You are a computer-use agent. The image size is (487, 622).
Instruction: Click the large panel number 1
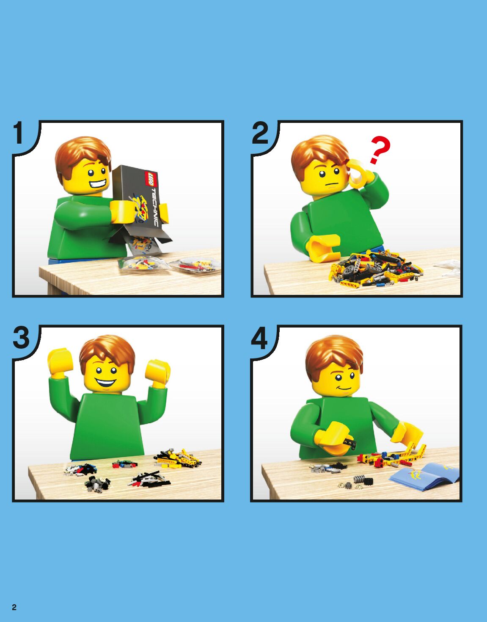(19, 133)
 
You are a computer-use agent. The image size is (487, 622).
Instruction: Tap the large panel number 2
(260, 133)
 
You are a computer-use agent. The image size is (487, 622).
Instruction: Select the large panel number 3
(21, 337)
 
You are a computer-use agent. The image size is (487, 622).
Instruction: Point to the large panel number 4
(259, 338)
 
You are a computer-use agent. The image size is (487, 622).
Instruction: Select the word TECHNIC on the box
(154, 207)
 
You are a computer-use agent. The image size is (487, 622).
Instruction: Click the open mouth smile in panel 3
(106, 383)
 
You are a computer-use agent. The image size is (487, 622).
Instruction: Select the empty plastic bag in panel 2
(448, 268)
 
